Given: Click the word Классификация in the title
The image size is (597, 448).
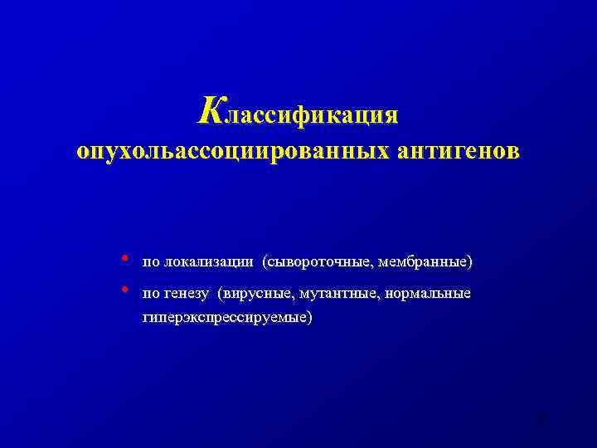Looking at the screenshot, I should point(298,111).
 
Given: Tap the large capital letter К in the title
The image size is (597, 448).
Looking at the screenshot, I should point(210,109).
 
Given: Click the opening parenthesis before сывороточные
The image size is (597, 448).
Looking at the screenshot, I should point(265,263).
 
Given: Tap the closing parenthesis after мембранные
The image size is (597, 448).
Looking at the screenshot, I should point(470,263).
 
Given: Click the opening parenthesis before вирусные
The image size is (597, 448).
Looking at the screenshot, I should point(221,295).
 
